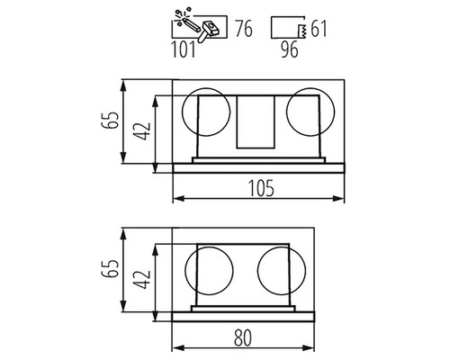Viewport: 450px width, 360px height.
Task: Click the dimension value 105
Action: point(262,188)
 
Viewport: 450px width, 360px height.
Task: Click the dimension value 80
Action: point(243,337)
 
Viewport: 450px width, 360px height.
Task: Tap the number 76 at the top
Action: point(244,29)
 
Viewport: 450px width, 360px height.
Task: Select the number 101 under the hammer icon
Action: point(184,49)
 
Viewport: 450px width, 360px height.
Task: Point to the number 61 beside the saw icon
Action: point(319,29)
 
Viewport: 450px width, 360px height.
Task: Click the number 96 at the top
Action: point(290,49)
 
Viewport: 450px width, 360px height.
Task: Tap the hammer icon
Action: point(208,31)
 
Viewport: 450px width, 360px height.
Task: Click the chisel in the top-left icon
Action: point(191,24)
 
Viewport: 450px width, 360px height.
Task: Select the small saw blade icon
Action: point(301,31)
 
